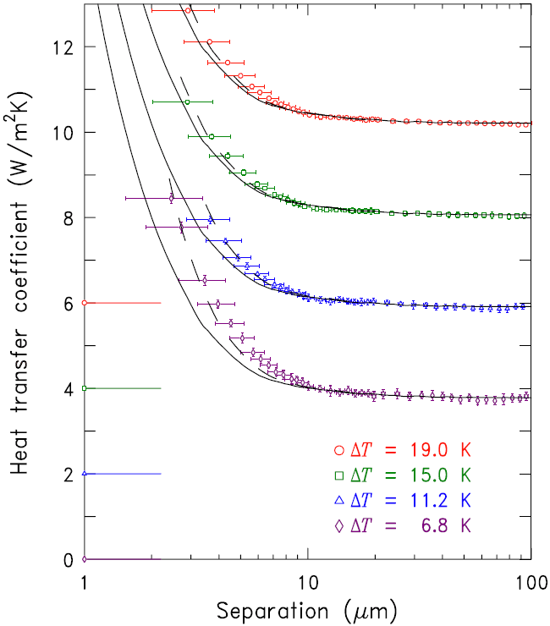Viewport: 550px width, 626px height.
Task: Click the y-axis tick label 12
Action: (62, 47)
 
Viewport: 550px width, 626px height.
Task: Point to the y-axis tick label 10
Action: (62, 133)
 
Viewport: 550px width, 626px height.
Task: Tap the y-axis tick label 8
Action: (68, 218)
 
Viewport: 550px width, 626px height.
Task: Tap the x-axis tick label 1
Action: (85, 583)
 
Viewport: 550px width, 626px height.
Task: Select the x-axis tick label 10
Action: (308, 583)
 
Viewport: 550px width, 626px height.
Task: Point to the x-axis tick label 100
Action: (530, 583)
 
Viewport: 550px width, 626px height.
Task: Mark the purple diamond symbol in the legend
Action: (340, 525)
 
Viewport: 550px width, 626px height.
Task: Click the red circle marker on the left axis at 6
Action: (85, 303)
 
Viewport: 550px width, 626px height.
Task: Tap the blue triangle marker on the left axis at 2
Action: (85, 474)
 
